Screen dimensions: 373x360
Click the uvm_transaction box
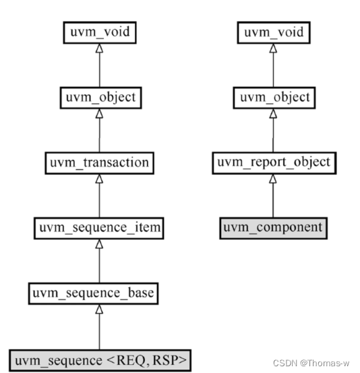point(99,163)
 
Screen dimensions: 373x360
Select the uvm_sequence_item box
point(99,228)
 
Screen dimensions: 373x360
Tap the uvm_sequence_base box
point(99,293)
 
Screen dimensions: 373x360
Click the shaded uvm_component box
point(272,227)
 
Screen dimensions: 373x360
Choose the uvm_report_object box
point(272,163)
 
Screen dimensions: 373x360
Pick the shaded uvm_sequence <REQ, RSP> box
point(99,359)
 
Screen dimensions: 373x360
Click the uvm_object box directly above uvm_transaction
point(99,97)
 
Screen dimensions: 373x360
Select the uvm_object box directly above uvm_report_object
point(272,97)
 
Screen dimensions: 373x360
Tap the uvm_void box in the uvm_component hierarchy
point(272,32)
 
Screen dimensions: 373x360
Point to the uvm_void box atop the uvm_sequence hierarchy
point(99,32)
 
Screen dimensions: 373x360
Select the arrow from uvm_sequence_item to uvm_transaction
point(99,196)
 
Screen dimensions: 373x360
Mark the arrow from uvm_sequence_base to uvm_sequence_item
point(99,260)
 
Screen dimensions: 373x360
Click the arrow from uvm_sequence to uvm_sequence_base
point(99,326)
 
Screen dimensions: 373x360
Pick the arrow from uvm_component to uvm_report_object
point(272,196)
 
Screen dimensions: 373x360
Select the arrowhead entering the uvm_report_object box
point(272,178)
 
